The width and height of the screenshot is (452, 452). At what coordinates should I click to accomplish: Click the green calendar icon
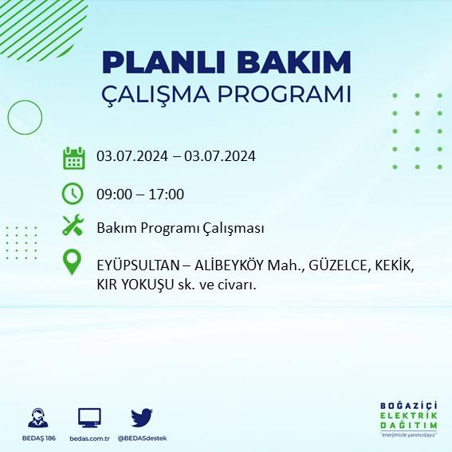[73, 158]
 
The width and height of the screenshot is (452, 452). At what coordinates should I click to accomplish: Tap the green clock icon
[73, 193]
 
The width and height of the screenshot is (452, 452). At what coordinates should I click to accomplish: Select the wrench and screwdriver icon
[73, 226]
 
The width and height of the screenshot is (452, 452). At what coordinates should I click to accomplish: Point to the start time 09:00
[112, 194]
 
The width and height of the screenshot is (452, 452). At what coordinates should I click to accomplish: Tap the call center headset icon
[37, 418]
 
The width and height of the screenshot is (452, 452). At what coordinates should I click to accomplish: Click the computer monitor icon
[89, 417]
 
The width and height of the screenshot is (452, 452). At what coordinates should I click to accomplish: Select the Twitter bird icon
[141, 417]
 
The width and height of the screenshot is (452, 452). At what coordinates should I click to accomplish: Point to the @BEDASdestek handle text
[142, 438]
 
